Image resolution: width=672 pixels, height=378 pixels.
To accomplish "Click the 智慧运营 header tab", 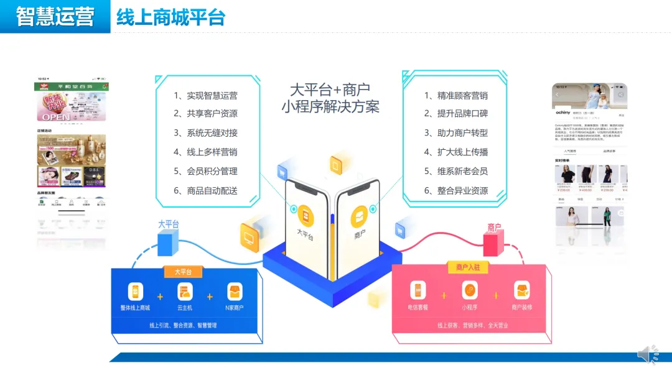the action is pyautogui.click(x=55, y=16).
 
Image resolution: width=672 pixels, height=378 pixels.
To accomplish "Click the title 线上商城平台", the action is pyautogui.click(x=170, y=17).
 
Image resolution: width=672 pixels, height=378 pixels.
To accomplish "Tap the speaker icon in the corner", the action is pyautogui.click(x=647, y=354).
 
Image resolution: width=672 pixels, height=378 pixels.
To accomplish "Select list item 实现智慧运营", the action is pyautogui.click(x=206, y=96).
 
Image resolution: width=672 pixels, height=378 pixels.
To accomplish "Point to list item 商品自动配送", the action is pyautogui.click(x=206, y=191).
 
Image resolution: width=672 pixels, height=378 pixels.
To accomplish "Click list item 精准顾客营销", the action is pyautogui.click(x=456, y=96).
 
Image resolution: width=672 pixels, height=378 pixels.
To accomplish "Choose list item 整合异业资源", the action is pyautogui.click(x=456, y=191).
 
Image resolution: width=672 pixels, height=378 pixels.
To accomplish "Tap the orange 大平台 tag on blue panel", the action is pyautogui.click(x=183, y=272).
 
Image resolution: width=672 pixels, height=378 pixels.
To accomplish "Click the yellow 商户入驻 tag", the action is pyautogui.click(x=469, y=267).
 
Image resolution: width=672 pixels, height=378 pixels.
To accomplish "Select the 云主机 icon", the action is pyautogui.click(x=184, y=292).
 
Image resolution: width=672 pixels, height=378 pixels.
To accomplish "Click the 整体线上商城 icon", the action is pyautogui.click(x=136, y=292).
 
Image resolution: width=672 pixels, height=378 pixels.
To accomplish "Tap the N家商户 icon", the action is pyautogui.click(x=235, y=292).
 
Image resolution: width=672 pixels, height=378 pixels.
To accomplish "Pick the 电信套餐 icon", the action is pyautogui.click(x=418, y=290).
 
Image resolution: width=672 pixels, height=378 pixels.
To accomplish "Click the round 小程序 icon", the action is pyautogui.click(x=470, y=290).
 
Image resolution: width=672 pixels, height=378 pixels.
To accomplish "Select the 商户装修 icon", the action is pyautogui.click(x=521, y=290).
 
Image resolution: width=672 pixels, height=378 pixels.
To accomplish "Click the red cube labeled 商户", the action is pyautogui.click(x=493, y=243).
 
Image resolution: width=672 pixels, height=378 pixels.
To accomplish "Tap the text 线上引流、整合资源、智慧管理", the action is pyautogui.click(x=183, y=325).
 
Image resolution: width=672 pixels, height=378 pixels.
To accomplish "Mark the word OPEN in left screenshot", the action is pyautogui.click(x=56, y=116).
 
